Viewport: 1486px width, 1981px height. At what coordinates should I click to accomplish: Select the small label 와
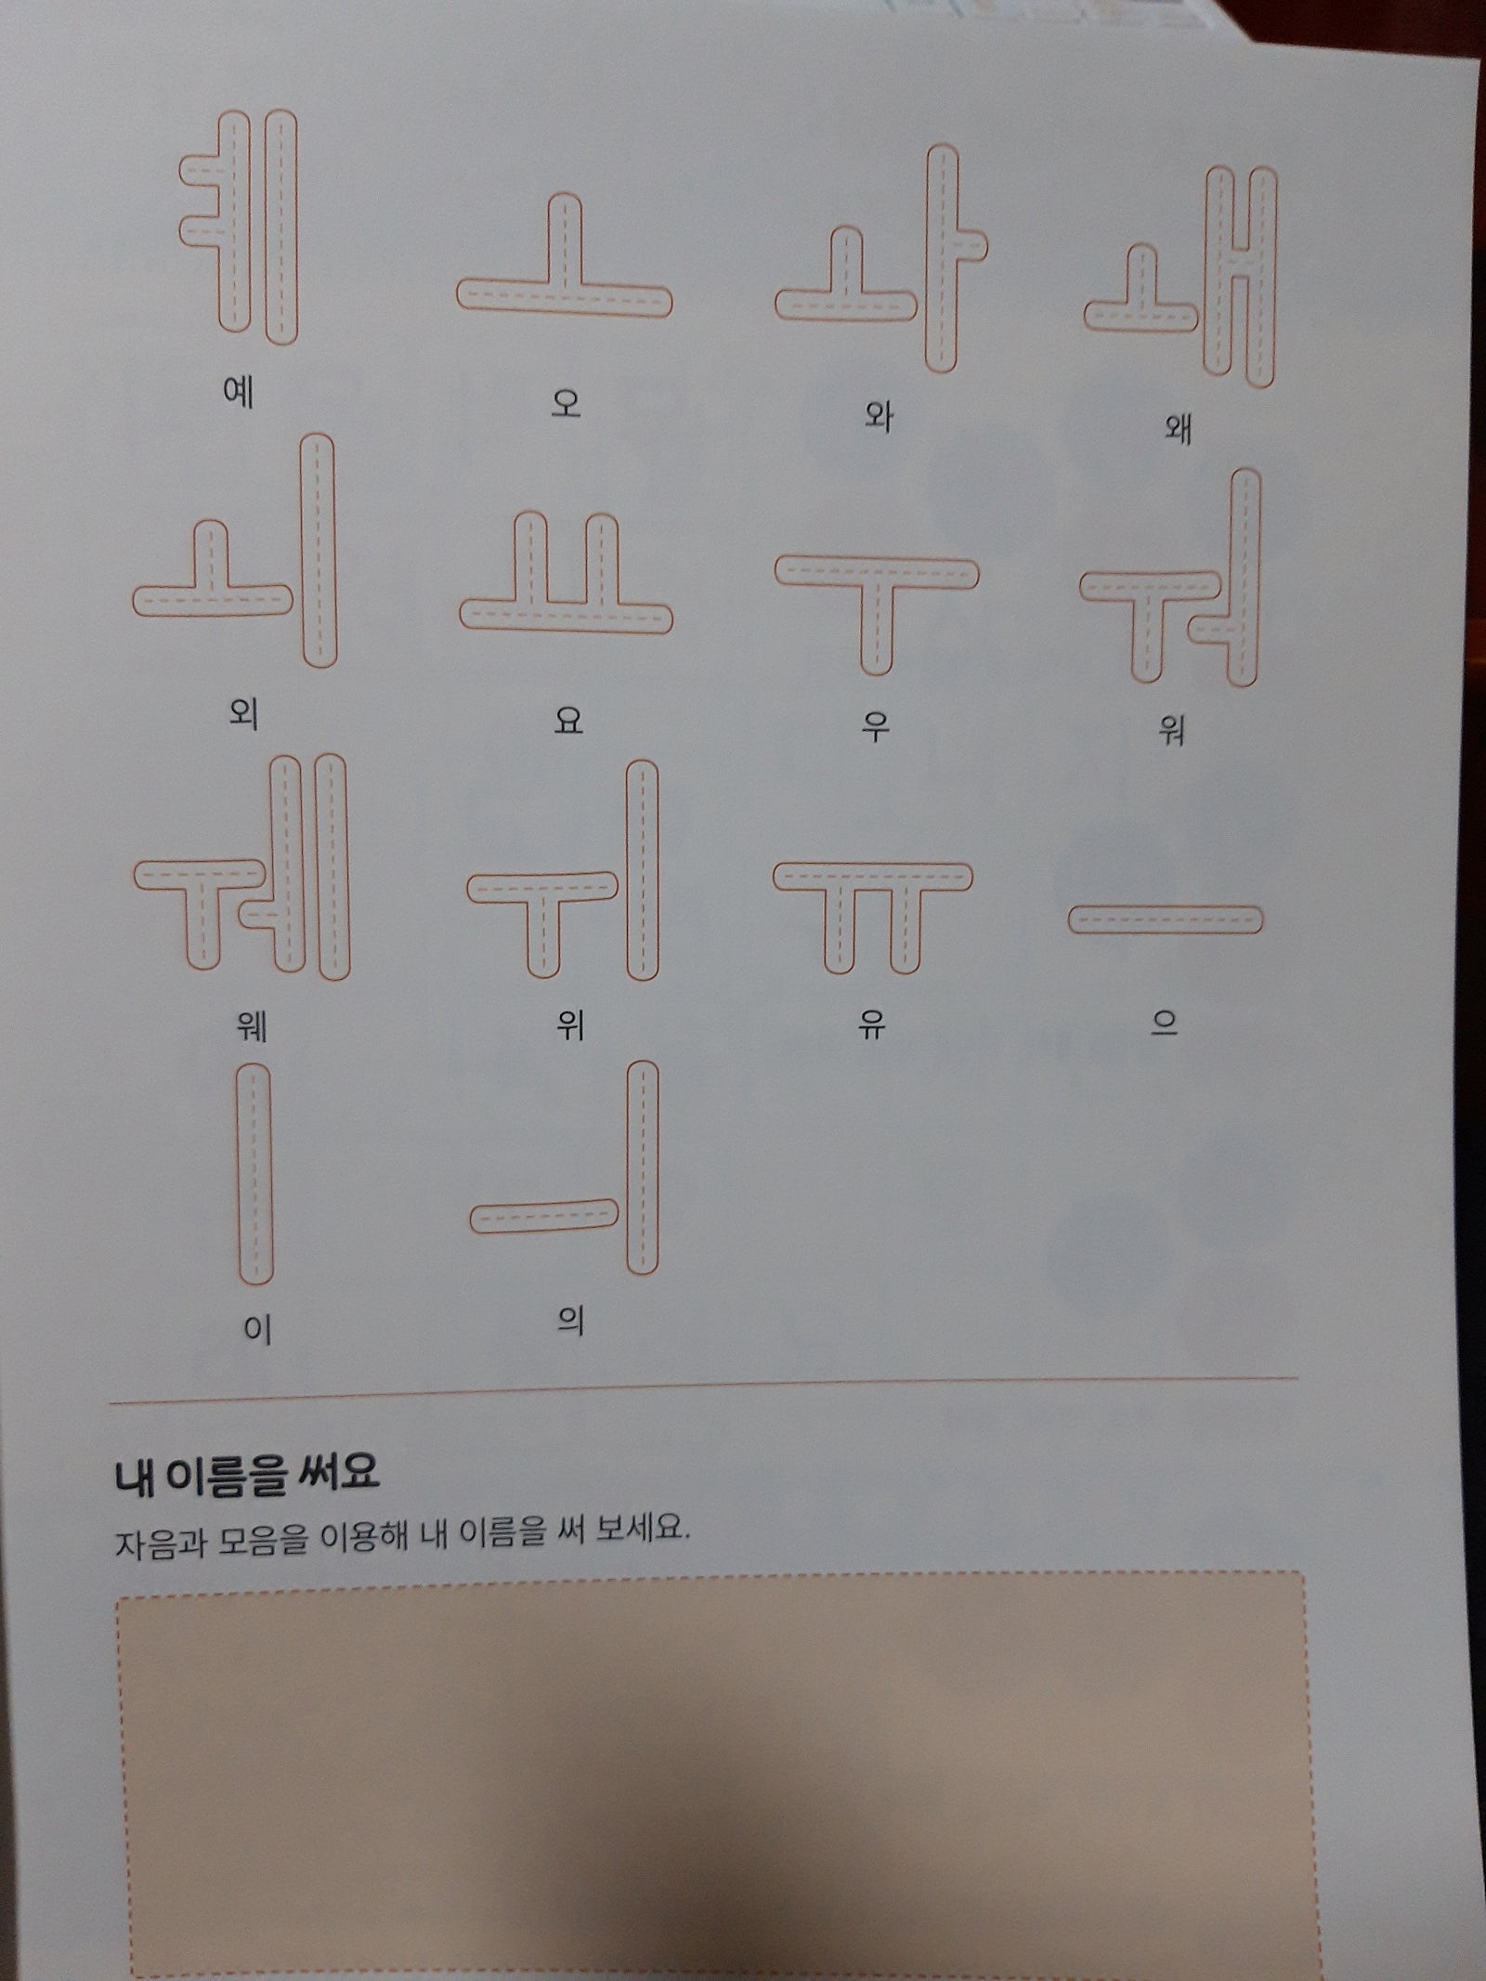[878, 415]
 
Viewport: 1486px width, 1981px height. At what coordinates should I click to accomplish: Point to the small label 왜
[1178, 429]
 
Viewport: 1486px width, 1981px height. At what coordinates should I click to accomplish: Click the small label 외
[242, 715]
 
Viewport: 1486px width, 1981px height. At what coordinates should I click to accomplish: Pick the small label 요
[567, 720]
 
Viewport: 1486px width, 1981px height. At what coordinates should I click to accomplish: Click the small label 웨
[252, 1027]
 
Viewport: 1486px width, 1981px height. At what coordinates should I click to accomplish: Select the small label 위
[568, 1025]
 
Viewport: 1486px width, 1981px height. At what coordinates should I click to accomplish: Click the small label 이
[256, 1331]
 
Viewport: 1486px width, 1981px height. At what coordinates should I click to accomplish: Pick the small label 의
[569, 1321]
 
